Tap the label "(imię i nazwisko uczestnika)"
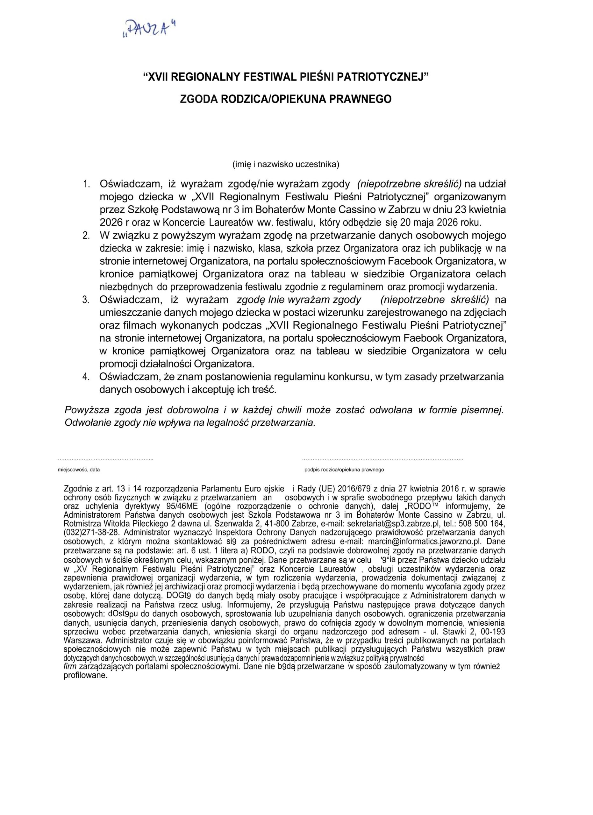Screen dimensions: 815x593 pos(286,165)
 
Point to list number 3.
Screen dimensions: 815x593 pos(86,300)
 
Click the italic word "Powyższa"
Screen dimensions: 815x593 pos(86,410)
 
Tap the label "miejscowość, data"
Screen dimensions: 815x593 pos(79,470)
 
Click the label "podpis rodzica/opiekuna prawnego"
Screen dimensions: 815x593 pos(344,470)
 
